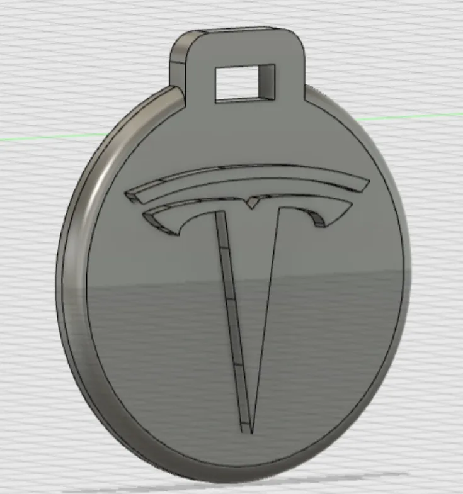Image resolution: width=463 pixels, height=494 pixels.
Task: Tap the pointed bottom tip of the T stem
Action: [x=251, y=432]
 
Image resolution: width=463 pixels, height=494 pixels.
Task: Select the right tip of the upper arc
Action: [x=367, y=185]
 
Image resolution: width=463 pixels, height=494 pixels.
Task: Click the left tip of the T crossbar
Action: [x=146, y=218]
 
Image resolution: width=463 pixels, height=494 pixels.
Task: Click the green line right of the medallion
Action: [x=428, y=116]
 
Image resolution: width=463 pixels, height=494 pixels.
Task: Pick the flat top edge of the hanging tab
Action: [x=239, y=30]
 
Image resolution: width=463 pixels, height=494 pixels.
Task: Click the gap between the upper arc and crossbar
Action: [x=252, y=192]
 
